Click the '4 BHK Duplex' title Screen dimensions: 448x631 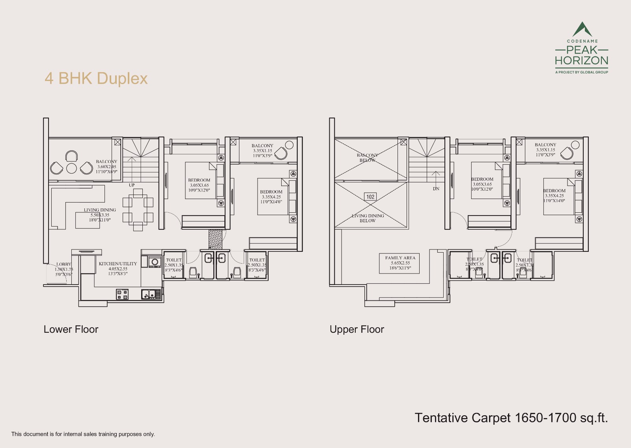point(96,79)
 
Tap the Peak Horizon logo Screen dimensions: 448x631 point(581,48)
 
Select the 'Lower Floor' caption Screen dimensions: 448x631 point(71,329)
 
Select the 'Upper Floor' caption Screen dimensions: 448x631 point(357,329)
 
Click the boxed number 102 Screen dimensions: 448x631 point(370,197)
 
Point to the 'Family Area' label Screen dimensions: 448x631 point(400,263)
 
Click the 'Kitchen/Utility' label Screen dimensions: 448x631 point(118,268)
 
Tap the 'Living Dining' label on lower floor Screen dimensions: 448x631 point(100,215)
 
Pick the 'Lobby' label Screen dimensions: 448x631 point(63,269)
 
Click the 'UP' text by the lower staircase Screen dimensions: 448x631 point(131,185)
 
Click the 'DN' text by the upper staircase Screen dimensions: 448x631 point(436,189)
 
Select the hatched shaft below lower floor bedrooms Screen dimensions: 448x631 point(215,239)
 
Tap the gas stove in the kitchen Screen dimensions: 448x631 point(122,294)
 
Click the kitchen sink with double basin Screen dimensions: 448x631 point(151,294)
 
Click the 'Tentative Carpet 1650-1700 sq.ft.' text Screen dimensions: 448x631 point(511,418)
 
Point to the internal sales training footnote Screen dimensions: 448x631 point(83,434)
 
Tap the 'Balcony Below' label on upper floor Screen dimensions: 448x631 point(367,157)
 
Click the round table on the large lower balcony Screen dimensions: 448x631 point(71,168)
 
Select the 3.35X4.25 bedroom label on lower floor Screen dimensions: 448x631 point(271,197)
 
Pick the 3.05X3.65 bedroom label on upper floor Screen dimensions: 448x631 point(482,184)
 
